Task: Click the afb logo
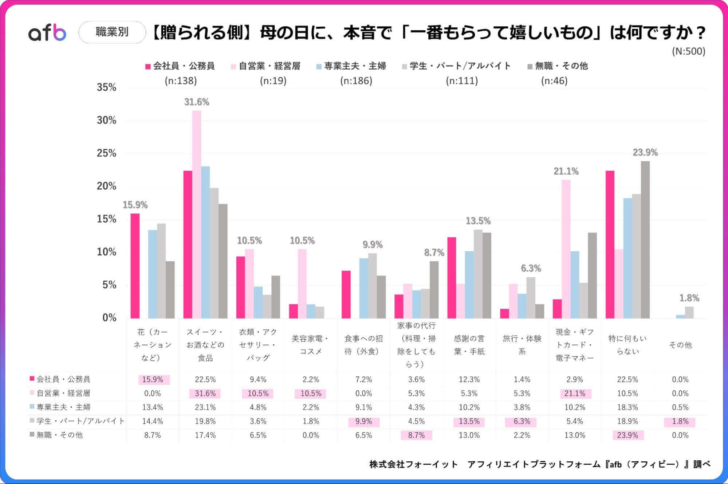47,33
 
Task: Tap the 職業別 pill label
112,32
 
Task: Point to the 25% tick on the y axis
106,153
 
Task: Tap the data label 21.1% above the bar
566,171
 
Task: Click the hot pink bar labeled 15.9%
135,266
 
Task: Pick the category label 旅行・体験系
522,345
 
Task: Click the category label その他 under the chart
680,345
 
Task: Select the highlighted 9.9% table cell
363,422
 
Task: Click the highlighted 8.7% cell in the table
416,436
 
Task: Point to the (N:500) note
688,51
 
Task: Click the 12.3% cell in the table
469,380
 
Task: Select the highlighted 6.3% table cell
522,422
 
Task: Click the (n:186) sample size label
356,81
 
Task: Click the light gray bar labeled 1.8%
689,312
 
